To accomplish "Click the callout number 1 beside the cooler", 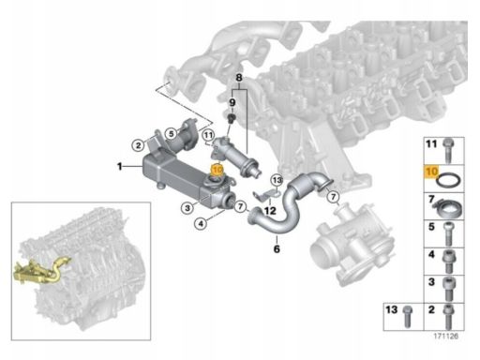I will [119, 166].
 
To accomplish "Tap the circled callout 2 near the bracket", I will [137, 145].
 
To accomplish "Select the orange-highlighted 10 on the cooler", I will [217, 171].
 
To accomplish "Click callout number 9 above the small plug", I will [232, 101].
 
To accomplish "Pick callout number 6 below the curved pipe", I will [277, 250].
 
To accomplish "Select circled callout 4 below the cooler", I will [200, 225].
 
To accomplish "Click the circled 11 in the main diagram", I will [208, 136].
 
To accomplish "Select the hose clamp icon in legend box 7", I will [450, 203].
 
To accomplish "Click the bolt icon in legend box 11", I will [450, 145].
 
